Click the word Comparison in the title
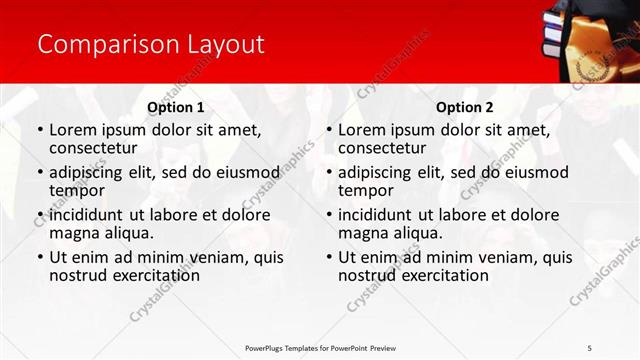click(x=95, y=44)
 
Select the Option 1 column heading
click(x=176, y=107)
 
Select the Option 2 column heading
click(x=465, y=107)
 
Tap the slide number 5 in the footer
click(x=590, y=347)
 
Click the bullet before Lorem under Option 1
click(x=38, y=130)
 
